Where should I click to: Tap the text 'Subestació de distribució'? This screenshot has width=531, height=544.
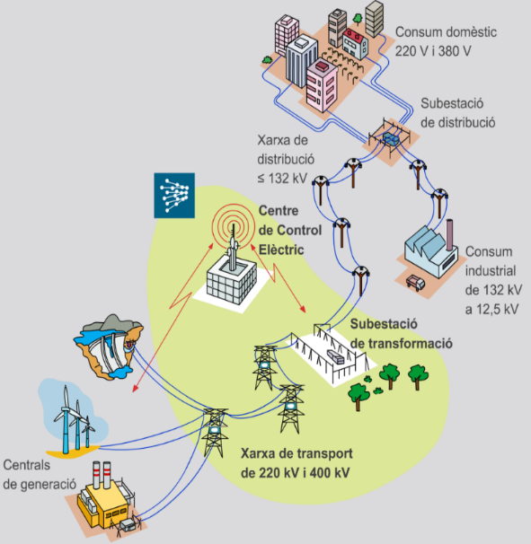pyautogui.click(x=457, y=112)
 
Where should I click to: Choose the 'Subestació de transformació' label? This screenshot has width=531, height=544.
pyautogui.click(x=400, y=333)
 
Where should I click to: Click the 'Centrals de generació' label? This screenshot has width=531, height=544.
pyautogui.click(x=38, y=475)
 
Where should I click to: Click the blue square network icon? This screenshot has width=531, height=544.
pyautogui.click(x=174, y=193)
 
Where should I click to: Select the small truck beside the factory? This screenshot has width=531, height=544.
pyautogui.click(x=417, y=282)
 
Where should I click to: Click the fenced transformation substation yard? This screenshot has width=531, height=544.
pyautogui.click(x=335, y=352)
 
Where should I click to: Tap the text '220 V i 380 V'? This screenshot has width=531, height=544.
pyautogui.click(x=433, y=50)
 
